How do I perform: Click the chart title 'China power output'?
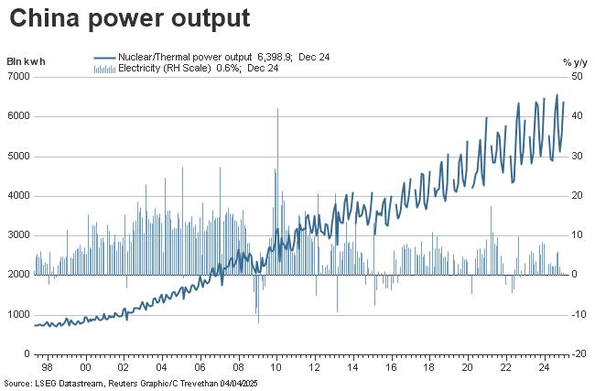[x=129, y=18]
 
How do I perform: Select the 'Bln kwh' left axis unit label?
[x=26, y=61]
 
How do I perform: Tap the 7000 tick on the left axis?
[x=19, y=77]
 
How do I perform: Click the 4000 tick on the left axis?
[x=19, y=196]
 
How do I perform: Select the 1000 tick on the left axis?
[x=19, y=314]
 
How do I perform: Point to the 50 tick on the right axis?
[x=578, y=77]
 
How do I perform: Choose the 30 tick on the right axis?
[x=578, y=157]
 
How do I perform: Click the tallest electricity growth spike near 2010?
[x=277, y=111]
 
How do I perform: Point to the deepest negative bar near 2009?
[x=258, y=320]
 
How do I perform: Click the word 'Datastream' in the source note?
[x=77, y=383]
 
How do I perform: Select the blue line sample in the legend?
[x=104, y=57]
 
